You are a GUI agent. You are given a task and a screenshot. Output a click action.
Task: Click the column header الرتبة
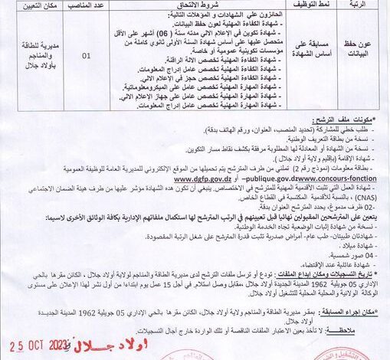click(369, 4)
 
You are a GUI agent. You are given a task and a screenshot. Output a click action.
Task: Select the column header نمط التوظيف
click(310, 4)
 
